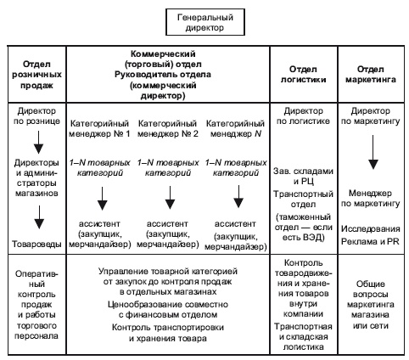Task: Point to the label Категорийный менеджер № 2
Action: pos(170,127)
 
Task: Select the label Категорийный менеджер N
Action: pos(234,127)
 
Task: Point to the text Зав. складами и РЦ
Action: pos(303,178)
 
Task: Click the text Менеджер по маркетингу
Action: pos(373,200)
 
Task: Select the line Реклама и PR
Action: pos(373,241)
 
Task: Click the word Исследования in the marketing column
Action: pos(373,229)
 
